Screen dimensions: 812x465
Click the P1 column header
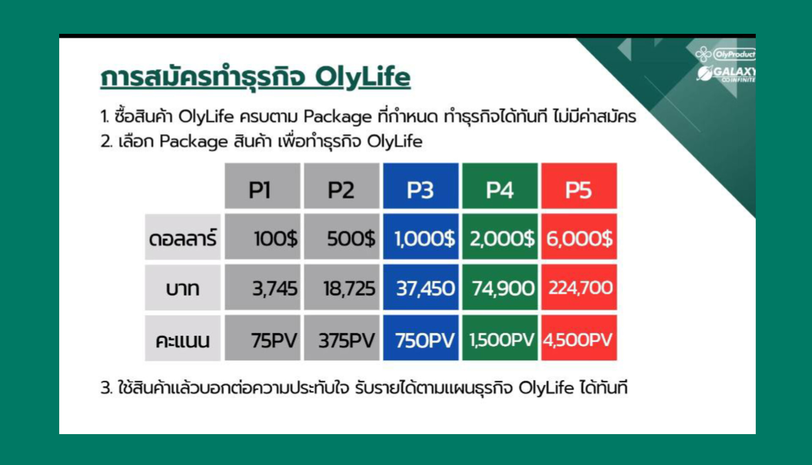pos(262,186)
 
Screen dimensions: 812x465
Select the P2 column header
pos(341,186)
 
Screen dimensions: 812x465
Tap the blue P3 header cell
pos(421,186)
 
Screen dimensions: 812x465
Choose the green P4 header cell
pos(500,186)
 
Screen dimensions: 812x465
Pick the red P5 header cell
pos(579,186)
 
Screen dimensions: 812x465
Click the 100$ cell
pos(262,237)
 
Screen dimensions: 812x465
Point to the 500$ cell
pos(341,237)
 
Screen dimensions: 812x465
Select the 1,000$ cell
pos(421,237)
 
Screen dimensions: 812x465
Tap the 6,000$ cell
pos(579,237)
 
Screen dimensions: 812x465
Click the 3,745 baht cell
pos(262,287)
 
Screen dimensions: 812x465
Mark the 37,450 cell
pos(421,287)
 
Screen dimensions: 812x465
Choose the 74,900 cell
pos(500,287)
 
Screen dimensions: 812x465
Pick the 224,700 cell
pos(579,287)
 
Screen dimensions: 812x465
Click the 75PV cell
pos(262,338)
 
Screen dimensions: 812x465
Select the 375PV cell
pos(341,338)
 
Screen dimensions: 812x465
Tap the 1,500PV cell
pos(500,338)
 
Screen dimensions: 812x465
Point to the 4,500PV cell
pos(579,338)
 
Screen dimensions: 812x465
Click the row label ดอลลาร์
pos(183,237)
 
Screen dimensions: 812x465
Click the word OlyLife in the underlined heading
pos(362,77)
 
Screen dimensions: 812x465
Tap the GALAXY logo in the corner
pos(726,73)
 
